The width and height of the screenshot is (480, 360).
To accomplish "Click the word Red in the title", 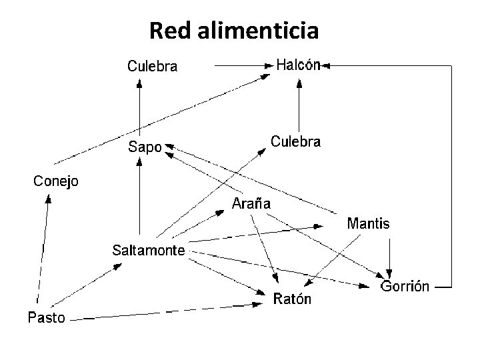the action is [x=167, y=30].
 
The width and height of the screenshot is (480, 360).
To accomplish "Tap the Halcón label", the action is [x=299, y=65].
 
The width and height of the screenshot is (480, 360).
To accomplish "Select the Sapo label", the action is [x=145, y=147].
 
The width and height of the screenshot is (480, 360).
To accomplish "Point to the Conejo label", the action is [x=56, y=181].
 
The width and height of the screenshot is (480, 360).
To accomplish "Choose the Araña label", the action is [x=251, y=204].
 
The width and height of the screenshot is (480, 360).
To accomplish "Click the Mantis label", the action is [x=368, y=223].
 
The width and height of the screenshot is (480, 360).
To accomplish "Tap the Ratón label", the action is [x=292, y=299].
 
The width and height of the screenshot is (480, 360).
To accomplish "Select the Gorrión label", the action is [x=405, y=287].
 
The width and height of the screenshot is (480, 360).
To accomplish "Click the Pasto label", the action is [x=46, y=317].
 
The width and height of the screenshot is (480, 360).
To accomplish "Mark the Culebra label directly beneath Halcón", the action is [x=295, y=141].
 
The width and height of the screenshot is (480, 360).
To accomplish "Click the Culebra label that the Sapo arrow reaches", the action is [x=153, y=66].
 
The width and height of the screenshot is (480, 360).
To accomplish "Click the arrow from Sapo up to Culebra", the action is [x=139, y=107].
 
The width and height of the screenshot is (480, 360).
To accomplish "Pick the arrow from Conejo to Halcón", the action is [x=160, y=118].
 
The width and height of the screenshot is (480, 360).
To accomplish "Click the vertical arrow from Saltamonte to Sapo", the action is [x=139, y=200].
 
